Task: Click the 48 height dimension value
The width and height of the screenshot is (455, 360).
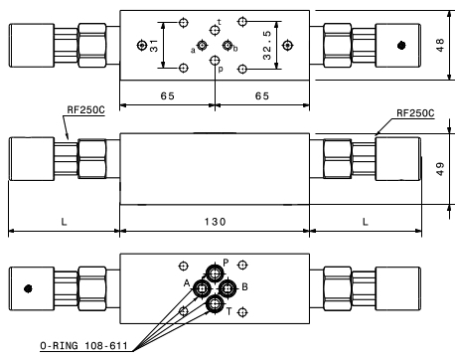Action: [440, 45]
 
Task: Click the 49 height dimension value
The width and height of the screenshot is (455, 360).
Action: [440, 169]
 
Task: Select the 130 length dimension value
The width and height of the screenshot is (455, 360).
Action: [215, 222]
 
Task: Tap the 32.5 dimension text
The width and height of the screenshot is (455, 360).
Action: [267, 45]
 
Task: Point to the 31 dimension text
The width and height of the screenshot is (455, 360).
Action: [154, 46]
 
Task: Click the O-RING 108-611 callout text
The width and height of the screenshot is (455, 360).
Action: [83, 346]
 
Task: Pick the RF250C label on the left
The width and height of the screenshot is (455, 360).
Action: [85, 109]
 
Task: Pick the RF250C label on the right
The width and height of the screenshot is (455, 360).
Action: [415, 113]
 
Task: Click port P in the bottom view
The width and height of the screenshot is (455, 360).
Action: [215, 273]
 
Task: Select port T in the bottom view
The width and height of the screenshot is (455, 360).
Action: [215, 303]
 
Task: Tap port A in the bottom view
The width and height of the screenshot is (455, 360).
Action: [202, 289]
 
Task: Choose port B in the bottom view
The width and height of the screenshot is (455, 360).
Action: [227, 289]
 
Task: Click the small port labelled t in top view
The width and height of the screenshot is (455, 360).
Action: [215, 31]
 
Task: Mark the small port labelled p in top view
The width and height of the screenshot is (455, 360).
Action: [215, 61]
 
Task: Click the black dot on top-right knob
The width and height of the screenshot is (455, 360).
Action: [401, 46]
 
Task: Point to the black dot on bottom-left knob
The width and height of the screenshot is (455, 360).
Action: [28, 288]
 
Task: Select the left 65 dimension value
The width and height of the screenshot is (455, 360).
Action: [167, 95]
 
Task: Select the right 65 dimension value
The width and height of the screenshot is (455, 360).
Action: [262, 95]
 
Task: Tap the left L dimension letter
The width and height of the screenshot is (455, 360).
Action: [64, 222]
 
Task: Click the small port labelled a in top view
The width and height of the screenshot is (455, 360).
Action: [202, 45]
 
